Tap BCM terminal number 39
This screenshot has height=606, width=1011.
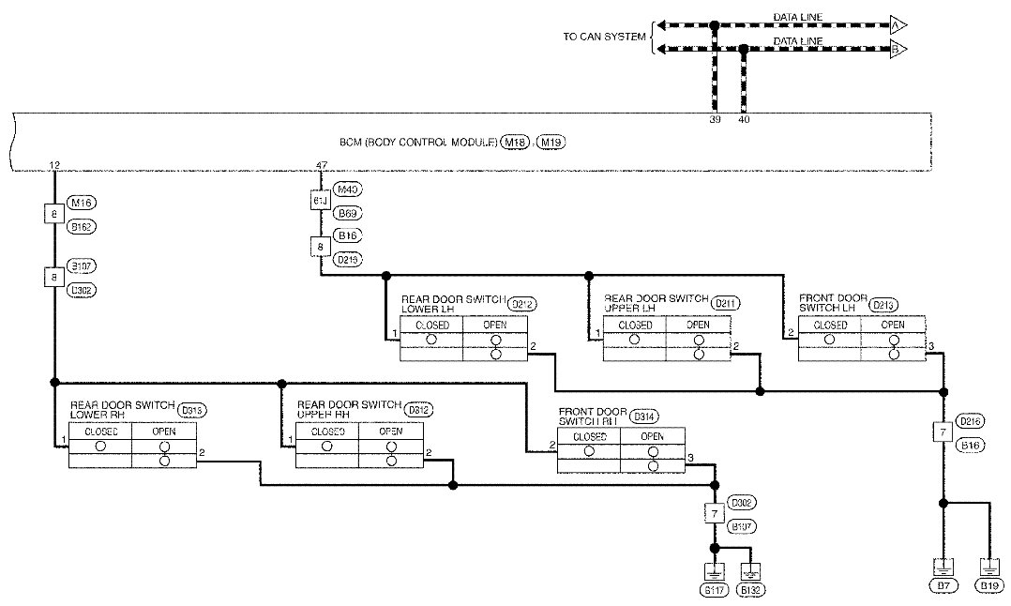715,119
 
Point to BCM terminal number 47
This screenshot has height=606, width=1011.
322,165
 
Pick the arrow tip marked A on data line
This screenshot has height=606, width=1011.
898,24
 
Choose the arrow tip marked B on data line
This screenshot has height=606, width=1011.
898,50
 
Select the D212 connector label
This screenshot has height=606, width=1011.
521,304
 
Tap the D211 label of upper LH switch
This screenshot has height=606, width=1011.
725,304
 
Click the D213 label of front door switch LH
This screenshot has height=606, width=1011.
883,304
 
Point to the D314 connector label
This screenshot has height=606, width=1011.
644,416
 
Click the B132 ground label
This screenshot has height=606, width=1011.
749,591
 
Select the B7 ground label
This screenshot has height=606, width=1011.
943,586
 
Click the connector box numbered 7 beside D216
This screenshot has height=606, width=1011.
943,432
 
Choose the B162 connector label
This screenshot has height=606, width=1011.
83,226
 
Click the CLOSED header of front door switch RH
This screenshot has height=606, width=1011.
589,436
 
